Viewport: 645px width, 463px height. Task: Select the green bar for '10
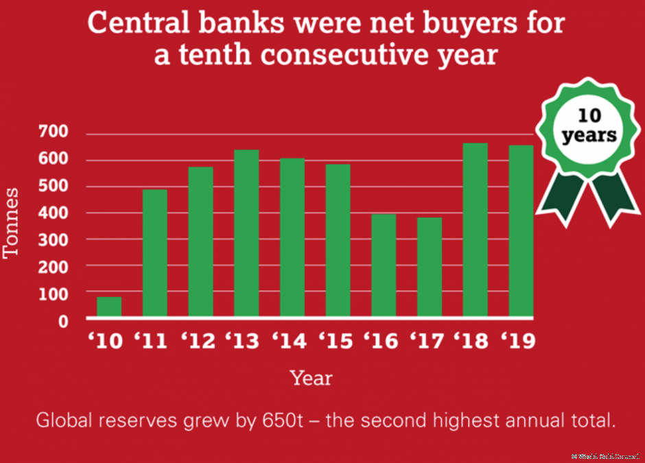[x=109, y=307]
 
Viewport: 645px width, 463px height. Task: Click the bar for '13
[x=246, y=233]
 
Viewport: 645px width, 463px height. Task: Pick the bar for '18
[x=476, y=230]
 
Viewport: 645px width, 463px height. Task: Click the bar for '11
[x=154, y=253]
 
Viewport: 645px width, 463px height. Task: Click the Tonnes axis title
[x=12, y=222]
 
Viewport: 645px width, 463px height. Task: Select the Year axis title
[x=311, y=377]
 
